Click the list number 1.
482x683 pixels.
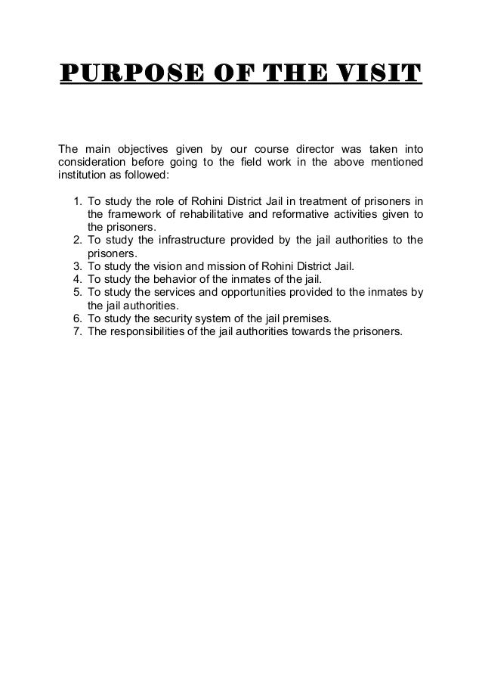[x=78, y=202]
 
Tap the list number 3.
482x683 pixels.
[x=78, y=267]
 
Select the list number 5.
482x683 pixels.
[x=78, y=293]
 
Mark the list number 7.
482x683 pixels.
[x=78, y=331]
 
